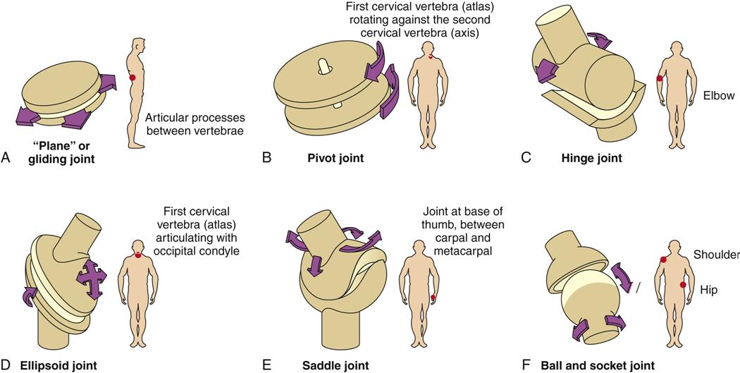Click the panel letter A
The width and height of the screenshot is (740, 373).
tap(6, 159)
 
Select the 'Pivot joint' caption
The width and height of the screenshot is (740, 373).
tap(335, 159)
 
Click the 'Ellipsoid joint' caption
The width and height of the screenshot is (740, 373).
tap(58, 365)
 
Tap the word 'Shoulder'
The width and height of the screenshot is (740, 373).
tap(716, 255)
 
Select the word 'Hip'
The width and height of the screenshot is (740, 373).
tap(708, 289)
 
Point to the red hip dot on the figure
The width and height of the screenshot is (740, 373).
tap(682, 284)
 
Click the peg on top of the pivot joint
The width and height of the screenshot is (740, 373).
tap(324, 65)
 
